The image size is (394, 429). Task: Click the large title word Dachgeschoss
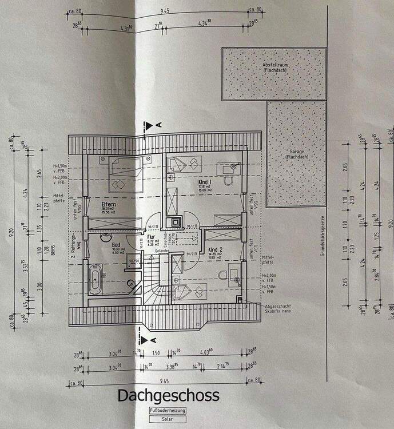tap(168, 396)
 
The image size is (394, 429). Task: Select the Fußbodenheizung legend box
tap(168, 411)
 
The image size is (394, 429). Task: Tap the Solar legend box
tap(168, 419)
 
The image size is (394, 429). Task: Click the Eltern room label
tap(109, 204)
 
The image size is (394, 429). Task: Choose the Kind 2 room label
tap(215, 250)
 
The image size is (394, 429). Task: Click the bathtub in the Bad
tap(95, 281)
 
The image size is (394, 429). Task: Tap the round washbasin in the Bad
tap(106, 237)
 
